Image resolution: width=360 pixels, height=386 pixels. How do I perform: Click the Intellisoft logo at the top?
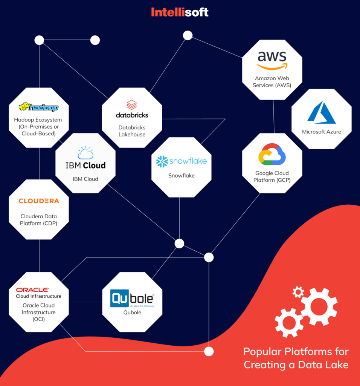(x=180, y=12)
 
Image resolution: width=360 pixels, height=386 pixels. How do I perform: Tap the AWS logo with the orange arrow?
(x=272, y=60)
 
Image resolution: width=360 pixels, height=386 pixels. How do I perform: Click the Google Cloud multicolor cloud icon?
(x=272, y=155)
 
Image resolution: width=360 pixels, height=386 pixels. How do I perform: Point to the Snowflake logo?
(x=181, y=161)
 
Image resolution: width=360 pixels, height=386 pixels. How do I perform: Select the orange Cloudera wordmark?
(x=39, y=201)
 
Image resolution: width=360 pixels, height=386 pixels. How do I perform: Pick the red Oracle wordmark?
(x=32, y=290)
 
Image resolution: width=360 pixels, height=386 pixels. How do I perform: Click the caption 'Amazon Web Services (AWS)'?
(x=272, y=82)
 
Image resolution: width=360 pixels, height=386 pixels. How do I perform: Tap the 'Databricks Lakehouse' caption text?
(x=132, y=131)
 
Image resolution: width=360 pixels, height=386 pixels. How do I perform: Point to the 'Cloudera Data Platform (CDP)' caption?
(x=39, y=220)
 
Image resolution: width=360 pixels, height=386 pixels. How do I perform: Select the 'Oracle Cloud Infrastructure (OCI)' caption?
(x=38, y=312)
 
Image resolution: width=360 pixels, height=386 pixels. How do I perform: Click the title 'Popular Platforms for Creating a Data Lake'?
(x=296, y=358)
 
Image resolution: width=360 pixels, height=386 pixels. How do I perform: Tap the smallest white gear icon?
(x=298, y=292)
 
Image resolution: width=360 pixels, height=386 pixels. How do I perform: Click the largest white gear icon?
(x=319, y=306)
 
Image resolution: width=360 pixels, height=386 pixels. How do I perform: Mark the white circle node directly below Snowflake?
(x=179, y=244)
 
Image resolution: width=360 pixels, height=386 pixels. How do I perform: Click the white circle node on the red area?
(x=209, y=351)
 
